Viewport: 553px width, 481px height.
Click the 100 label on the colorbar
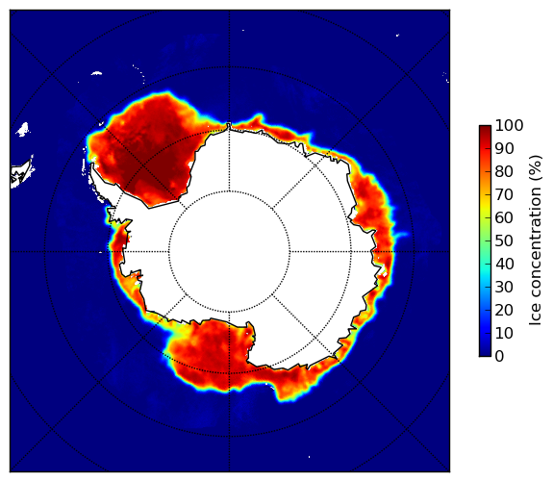pos(509,125)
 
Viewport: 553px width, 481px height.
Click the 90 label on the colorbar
pos(504,148)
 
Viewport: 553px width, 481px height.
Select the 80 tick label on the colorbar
pos(504,171)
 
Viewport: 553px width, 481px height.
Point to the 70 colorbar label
pos(504,194)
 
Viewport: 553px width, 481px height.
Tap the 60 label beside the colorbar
pos(504,217)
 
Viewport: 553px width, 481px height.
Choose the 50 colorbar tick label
pos(504,241)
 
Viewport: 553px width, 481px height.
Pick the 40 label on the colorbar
pos(504,264)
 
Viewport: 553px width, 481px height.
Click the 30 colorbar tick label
pos(504,288)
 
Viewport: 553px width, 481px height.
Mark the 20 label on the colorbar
pos(504,310)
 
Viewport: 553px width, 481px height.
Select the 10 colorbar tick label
pos(504,333)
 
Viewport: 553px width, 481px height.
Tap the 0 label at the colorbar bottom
pos(499,357)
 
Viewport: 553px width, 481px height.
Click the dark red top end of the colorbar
pos(485,128)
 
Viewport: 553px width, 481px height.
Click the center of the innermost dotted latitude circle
pos(229,252)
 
